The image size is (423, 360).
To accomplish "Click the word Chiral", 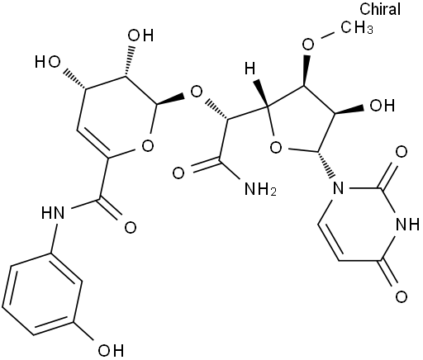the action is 380,9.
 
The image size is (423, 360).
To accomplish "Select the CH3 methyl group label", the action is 357,28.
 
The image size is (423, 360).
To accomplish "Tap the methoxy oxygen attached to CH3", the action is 308,44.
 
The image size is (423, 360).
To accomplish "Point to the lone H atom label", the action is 250,68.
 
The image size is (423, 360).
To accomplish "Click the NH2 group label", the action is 260,189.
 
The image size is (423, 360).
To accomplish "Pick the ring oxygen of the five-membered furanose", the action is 276,148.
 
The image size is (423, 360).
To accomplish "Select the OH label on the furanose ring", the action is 383,106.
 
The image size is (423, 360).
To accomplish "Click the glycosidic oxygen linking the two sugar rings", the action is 197,92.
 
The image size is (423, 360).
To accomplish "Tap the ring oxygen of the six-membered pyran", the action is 148,145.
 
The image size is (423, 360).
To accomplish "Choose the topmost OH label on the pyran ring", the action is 140,36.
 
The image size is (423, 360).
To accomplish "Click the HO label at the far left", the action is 48,62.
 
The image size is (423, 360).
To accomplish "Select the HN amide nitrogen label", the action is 53,212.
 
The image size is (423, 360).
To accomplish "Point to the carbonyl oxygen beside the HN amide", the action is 131,228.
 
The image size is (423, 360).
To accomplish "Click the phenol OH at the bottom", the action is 111,350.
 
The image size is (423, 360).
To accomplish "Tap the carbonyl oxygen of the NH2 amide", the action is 178,173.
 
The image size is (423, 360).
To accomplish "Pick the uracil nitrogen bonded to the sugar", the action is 338,188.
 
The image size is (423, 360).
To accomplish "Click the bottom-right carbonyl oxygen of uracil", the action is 402,297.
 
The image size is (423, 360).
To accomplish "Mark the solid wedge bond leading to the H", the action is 261,92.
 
